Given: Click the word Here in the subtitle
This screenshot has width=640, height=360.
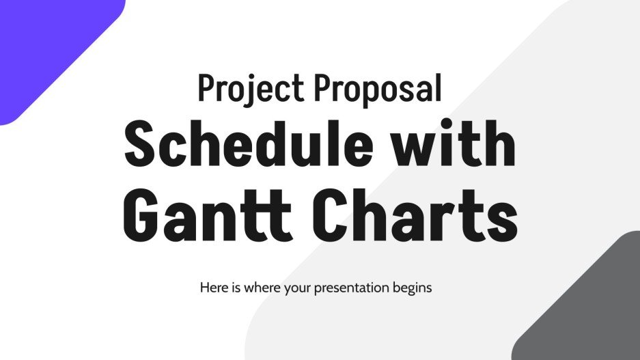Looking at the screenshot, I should (x=213, y=288).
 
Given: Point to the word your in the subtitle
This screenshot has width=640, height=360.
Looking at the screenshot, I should (x=293, y=288).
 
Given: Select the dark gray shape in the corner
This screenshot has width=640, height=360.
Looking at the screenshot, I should (x=594, y=307).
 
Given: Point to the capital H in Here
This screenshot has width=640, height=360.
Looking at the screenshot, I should (x=204, y=288).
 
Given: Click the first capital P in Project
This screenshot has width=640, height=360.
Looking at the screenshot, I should (x=206, y=89).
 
